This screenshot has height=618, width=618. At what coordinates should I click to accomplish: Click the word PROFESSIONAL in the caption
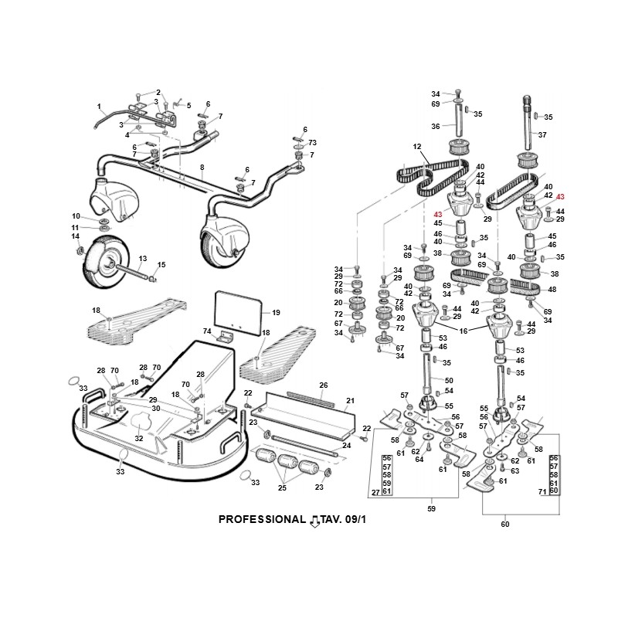click(x=262, y=519)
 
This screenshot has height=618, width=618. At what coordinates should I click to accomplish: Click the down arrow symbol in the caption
click(x=314, y=521)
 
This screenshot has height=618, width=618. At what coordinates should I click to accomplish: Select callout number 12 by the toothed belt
click(x=416, y=146)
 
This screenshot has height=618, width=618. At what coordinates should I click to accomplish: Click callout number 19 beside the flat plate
click(x=275, y=313)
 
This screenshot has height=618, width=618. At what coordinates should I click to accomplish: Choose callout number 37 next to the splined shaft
click(x=542, y=134)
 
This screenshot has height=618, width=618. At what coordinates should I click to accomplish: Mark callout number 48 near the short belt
click(x=552, y=290)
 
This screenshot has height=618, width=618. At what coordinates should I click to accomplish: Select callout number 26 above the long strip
click(x=324, y=385)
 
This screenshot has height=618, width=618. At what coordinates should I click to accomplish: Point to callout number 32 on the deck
click(x=139, y=438)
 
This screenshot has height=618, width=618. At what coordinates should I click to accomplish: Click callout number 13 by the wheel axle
click(x=142, y=258)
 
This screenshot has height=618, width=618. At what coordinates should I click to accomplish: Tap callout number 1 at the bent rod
click(x=99, y=106)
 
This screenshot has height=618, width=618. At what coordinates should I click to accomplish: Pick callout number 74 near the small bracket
click(x=207, y=331)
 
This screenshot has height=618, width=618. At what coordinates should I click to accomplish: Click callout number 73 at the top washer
click(x=312, y=143)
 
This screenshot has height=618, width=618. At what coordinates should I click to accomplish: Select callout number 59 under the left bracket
click(x=432, y=509)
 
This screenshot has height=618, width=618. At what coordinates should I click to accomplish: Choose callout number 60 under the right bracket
click(x=505, y=525)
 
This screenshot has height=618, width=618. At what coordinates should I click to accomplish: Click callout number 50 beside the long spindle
click(x=449, y=380)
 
